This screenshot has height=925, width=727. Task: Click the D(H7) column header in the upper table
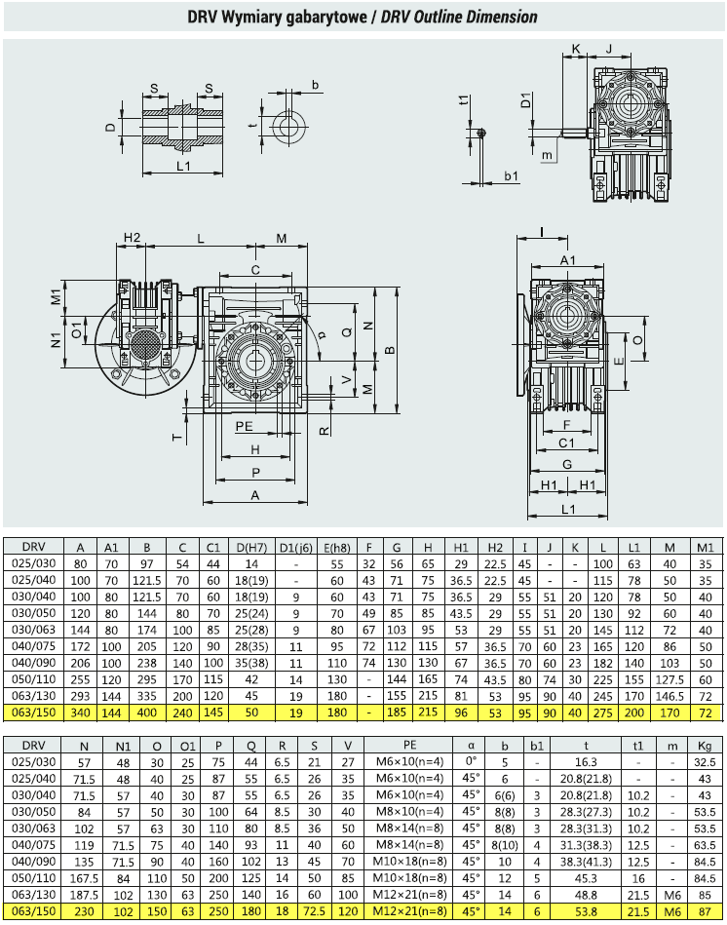point(251,548)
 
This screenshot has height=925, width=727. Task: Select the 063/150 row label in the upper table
point(33,713)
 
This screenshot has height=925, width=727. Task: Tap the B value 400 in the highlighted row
point(147,713)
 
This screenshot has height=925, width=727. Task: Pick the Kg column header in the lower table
point(705,746)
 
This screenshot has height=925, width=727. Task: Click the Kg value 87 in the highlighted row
point(705,911)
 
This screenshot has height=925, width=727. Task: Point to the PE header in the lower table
point(409,745)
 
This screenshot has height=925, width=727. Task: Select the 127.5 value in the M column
point(670,679)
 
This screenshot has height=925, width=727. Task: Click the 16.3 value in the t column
point(586,762)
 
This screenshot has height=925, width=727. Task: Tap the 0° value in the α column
point(471,761)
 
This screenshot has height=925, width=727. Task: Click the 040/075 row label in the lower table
point(33,845)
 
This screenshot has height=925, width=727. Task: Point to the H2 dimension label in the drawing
point(133,237)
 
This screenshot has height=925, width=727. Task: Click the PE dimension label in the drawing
point(244,426)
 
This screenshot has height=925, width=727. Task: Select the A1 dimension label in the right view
point(567,260)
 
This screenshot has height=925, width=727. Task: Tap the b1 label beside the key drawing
point(512,175)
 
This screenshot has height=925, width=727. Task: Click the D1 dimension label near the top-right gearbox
point(526,99)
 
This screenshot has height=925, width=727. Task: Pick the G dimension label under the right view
point(566,464)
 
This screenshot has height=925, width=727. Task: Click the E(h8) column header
point(336,548)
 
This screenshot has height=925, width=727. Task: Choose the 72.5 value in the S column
point(314,911)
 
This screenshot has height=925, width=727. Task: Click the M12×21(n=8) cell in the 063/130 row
point(409,895)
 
